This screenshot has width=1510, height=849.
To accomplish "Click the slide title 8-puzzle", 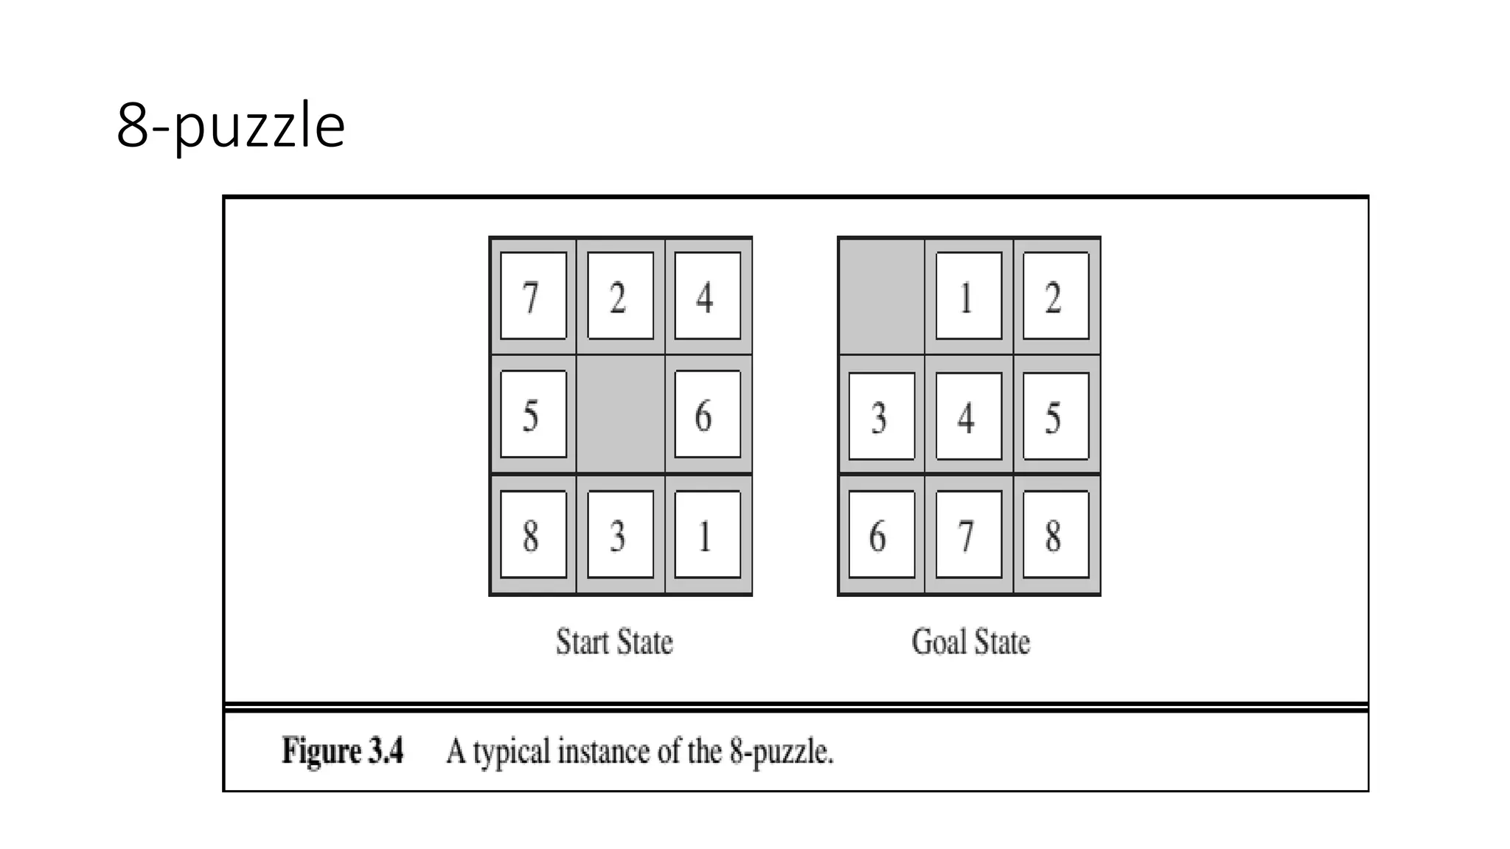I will (231, 126).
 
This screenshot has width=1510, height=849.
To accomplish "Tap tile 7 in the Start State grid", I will (533, 296).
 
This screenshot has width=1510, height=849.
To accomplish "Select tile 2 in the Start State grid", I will (620, 296).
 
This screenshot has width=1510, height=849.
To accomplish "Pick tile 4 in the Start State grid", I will (707, 296).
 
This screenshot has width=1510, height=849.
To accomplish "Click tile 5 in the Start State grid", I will (533, 414).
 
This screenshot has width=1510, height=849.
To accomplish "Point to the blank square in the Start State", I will (620, 414).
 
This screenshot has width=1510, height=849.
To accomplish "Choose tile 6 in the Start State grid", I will (707, 414).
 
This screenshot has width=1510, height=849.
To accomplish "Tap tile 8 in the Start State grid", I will (533, 534).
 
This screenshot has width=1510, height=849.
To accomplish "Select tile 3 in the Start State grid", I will (620, 534).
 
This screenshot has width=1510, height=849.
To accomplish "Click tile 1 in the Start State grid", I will (707, 534).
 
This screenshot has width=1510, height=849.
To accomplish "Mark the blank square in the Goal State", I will (882, 296).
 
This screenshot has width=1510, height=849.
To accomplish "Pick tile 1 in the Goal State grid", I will (968, 296).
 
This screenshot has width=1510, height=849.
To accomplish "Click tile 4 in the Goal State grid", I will (968, 416).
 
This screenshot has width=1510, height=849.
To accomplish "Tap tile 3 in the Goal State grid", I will (882, 416).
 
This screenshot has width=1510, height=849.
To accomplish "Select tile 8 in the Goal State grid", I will (1055, 534).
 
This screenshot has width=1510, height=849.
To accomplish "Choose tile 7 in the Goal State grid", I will (968, 534).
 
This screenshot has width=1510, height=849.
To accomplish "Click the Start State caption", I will (614, 642).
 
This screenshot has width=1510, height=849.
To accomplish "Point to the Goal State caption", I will (970, 642).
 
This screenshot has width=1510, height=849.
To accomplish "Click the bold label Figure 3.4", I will (343, 751).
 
